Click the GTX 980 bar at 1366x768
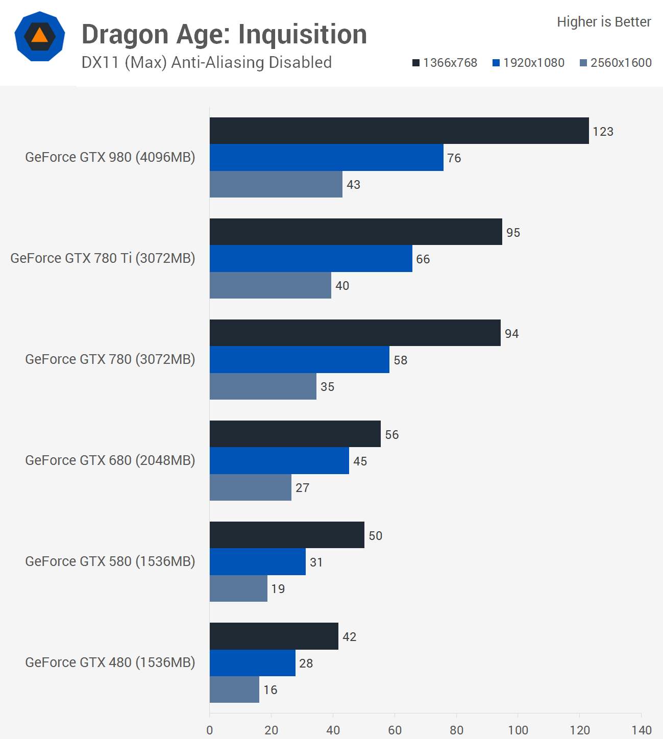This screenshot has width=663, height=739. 399,131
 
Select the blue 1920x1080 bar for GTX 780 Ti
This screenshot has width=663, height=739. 311,258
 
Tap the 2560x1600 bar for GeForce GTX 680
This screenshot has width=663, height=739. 250,487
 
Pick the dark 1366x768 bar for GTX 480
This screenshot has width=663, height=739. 274,636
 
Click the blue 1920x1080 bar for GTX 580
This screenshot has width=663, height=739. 257,561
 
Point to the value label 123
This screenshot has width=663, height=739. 603,132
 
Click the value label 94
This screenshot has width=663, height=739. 511,334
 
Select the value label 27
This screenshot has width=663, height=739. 302,488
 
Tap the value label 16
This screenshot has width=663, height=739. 270,690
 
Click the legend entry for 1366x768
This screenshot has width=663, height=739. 445,63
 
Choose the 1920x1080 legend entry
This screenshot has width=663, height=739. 528,63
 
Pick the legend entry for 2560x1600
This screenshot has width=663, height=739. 616,63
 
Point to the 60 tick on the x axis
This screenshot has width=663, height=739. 395,730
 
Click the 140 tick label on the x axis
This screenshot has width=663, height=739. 642,730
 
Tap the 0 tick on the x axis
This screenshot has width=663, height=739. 210,730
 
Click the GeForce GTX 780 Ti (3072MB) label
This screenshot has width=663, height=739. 103,258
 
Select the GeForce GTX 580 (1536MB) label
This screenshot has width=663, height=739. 110,561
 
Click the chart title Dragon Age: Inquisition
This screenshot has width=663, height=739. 224,34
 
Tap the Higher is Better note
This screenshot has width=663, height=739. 604,22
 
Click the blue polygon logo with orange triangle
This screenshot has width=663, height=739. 40,36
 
